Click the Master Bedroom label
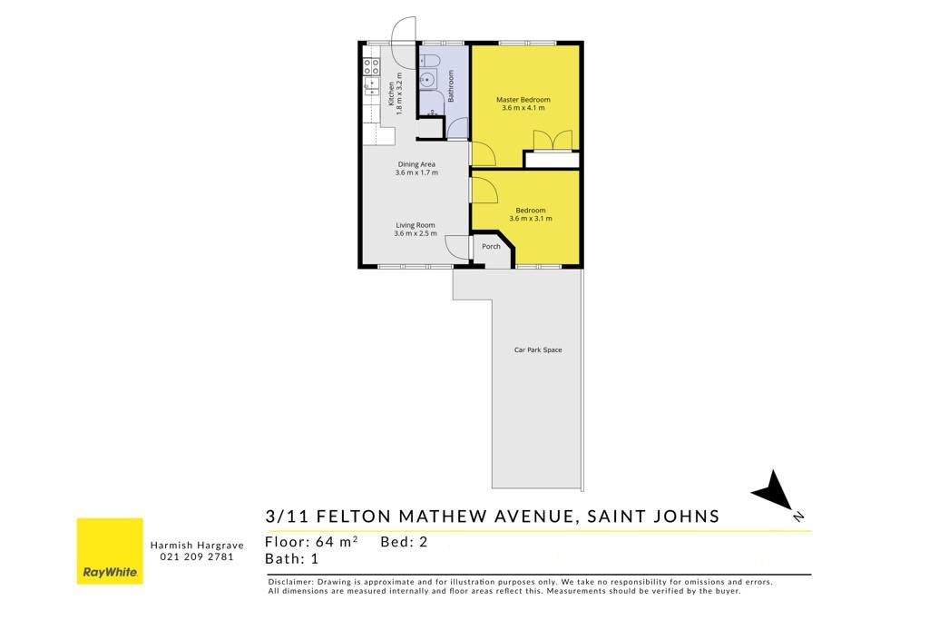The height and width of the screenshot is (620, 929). point(523,100)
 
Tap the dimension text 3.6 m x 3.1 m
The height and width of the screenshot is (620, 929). point(531,219)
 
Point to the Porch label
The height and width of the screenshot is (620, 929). point(491,247)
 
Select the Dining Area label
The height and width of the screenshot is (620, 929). point(416,164)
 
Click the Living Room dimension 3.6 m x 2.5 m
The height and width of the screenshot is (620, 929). point(416,233)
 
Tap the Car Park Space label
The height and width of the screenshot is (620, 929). point(538,349)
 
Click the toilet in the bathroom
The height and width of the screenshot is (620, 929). point(429,61)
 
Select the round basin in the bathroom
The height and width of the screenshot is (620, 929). point(427,79)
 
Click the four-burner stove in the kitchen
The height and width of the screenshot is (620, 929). point(371,66)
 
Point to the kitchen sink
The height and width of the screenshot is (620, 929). point(371,86)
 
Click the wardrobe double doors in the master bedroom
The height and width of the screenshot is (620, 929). point(553,141)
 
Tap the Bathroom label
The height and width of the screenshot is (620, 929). point(450,86)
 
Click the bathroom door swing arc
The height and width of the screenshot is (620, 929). point(457,128)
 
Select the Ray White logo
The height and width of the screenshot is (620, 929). point(110,551)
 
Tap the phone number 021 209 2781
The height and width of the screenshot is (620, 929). point(197,556)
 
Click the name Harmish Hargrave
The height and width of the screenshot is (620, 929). point(197,546)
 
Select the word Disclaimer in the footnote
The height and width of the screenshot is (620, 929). point(289,582)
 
